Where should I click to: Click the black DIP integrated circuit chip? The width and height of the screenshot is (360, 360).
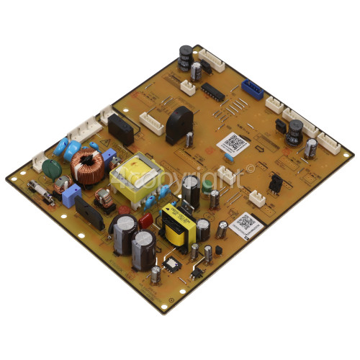click(x=214, y=91)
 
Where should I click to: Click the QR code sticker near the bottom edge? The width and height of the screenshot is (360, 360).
click(x=246, y=223)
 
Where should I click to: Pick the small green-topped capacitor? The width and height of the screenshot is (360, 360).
click(x=208, y=186)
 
